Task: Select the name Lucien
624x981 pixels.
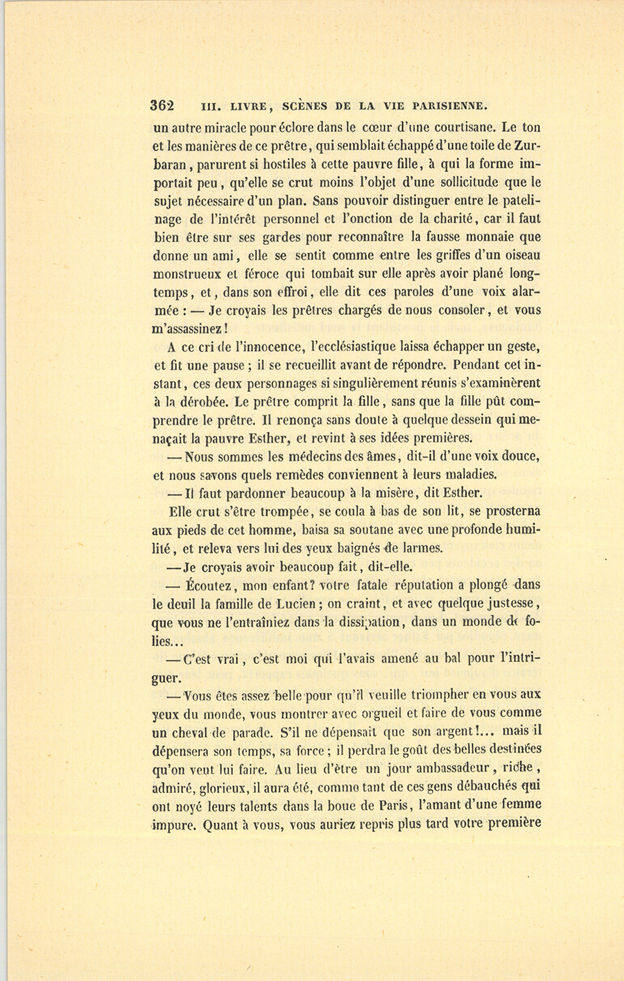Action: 300,604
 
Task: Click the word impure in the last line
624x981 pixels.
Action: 175,825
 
